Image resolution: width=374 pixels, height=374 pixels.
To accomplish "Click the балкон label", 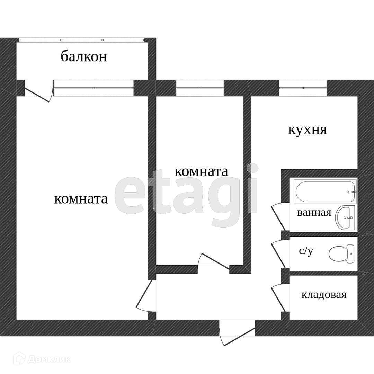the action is [84, 56].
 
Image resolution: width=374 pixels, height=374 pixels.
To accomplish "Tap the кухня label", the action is [308, 130].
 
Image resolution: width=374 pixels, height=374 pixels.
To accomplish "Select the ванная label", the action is [314, 212].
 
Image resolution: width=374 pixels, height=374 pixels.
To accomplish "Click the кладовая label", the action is [324, 295].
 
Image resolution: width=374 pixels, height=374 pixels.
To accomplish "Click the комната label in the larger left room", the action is [81, 199].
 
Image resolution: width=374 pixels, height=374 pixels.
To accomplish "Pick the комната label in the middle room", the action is [201, 171].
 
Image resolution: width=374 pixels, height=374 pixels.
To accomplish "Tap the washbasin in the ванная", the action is [347, 217].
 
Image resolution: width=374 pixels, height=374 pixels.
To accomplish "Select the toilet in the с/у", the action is [341, 253].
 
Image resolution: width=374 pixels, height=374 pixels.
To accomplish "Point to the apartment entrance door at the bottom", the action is [237, 332].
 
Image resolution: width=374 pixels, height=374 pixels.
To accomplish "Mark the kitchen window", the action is [303, 88].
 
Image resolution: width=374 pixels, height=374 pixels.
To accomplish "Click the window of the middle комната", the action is [200, 88].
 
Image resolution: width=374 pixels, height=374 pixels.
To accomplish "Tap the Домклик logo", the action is [42, 359].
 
